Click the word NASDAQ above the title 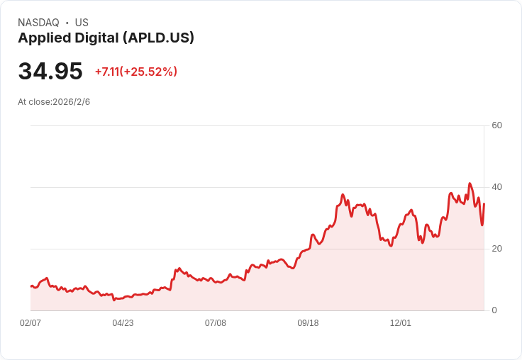coord(38,23)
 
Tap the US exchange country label coord(82,23)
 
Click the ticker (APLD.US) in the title coord(158,38)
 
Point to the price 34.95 coord(50,71)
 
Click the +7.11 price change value coord(107,72)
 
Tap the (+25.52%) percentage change coord(148,72)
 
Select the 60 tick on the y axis coord(496,125)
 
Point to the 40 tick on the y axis coord(496,187)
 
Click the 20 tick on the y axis coord(496,249)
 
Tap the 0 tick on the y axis coord(494,310)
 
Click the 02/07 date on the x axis coord(30,323)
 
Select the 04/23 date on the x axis coord(123,323)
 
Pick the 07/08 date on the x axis coord(216,323)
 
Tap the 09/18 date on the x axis coord(308,323)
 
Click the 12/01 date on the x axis coord(401,323)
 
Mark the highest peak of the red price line coord(470,184)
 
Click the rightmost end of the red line coord(484,203)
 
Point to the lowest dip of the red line coord(114,300)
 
